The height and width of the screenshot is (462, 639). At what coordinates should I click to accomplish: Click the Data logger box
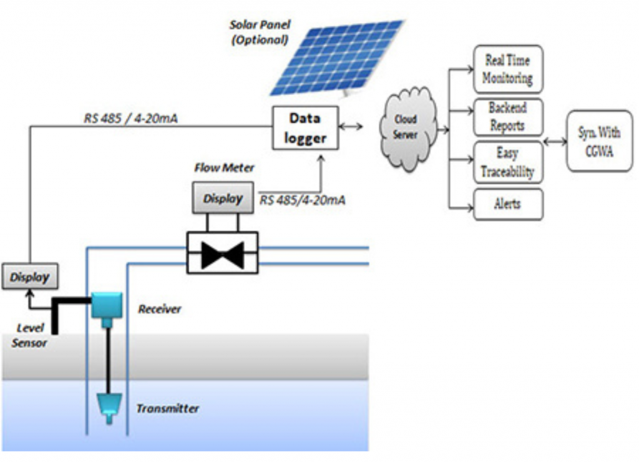[x=305, y=127]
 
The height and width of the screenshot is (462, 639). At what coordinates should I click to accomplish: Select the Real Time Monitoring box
[x=508, y=69]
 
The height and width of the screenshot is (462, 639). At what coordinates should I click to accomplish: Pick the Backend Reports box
[x=508, y=117]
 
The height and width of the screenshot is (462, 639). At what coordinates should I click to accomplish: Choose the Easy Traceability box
[x=508, y=162]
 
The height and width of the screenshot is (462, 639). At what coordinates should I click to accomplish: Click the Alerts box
[x=508, y=204]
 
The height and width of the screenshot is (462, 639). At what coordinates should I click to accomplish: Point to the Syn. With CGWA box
[x=600, y=141]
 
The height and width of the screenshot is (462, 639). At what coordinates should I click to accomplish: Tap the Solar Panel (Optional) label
[x=258, y=32]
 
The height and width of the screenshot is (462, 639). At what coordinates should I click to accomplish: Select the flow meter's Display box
[x=222, y=198]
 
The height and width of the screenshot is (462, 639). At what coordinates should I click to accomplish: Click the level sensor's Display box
[x=29, y=277]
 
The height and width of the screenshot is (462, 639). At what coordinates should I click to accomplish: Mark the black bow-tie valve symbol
[x=222, y=253]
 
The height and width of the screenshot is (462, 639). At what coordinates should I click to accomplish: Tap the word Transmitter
[x=168, y=409]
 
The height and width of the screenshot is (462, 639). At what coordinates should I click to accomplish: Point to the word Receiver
[x=160, y=309]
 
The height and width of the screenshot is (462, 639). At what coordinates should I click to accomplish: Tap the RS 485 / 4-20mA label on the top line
[x=130, y=117]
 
